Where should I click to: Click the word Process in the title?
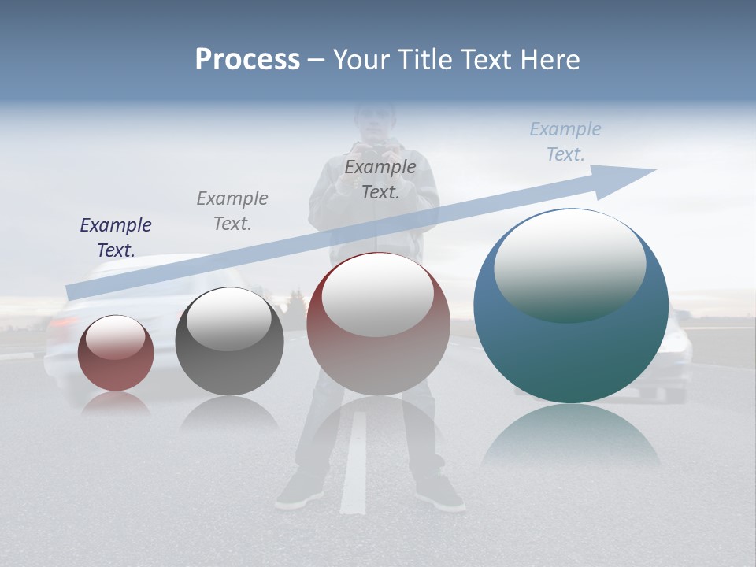pos(247,60)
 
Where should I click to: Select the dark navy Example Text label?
pos(116,237)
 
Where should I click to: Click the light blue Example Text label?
pos(565,142)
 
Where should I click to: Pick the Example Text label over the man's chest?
pos(380,179)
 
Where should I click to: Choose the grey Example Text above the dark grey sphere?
pos(232,210)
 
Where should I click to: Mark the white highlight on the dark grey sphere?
pos(228,318)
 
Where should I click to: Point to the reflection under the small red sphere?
pos(116,404)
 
